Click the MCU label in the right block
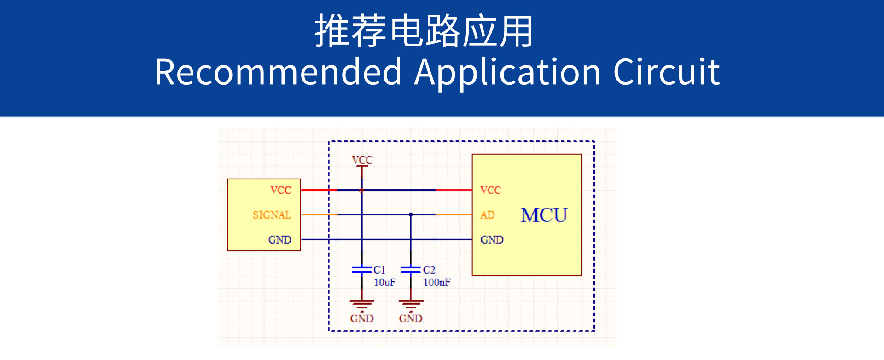544,215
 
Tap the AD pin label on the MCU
488,215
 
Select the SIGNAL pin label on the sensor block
272,215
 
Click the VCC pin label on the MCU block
490,190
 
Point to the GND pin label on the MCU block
492,240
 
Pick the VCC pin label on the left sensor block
281,190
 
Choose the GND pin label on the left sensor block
280,240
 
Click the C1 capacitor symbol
362,270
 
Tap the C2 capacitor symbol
411,270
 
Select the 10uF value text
384,282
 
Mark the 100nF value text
437,282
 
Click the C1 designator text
379,270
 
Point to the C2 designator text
429,270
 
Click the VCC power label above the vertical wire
362,160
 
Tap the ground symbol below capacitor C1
362,305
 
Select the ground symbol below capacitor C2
411,305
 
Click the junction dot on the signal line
411,215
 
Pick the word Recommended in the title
278,72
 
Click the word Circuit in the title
666,72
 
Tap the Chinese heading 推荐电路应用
424,31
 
